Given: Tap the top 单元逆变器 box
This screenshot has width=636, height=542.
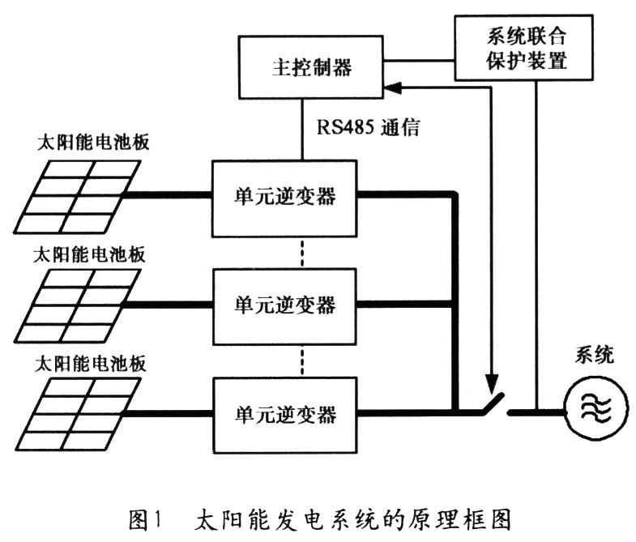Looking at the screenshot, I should pyautogui.click(x=284, y=196).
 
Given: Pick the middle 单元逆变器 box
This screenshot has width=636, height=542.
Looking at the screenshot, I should pyautogui.click(x=284, y=305).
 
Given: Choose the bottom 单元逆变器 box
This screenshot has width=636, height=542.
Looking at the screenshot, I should pyautogui.click(x=284, y=416).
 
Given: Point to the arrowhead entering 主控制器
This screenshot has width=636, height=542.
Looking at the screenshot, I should pyautogui.click(x=391, y=84).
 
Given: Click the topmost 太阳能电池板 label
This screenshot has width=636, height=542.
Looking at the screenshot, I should pyautogui.click(x=90, y=143).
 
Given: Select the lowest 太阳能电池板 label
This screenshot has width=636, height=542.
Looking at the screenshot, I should pyautogui.click(x=90, y=362).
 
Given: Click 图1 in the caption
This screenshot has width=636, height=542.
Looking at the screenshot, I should pyautogui.click(x=155, y=516).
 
